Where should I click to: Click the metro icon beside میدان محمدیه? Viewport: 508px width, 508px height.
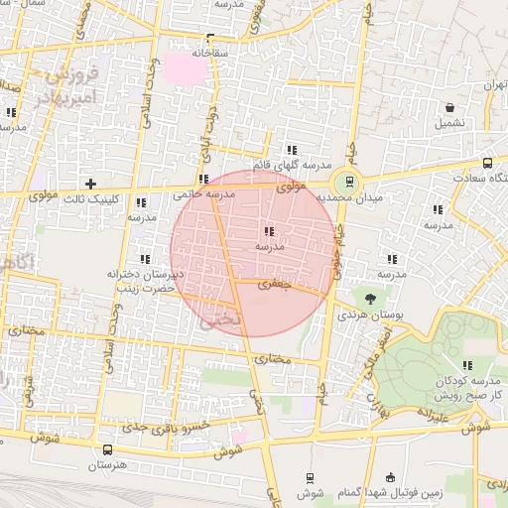[347, 181]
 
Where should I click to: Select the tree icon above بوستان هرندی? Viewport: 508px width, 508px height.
[371, 297]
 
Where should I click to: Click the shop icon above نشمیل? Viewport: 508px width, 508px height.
[450, 107]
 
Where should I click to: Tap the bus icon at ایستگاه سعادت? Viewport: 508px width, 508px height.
[487, 163]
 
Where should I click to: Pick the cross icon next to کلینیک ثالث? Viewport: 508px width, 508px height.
[91, 183]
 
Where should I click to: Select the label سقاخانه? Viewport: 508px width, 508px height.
[211, 50]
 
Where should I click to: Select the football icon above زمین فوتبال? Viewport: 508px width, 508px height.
[390, 476]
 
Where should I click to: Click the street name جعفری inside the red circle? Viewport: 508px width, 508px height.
[271, 284]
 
